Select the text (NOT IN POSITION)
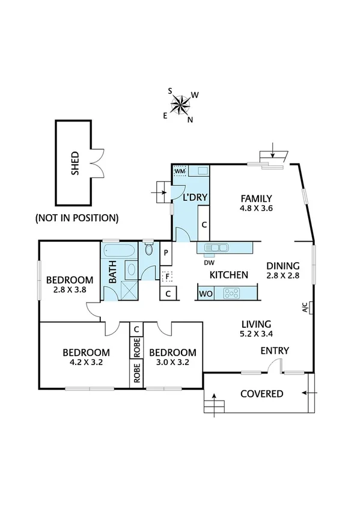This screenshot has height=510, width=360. tap(76, 217)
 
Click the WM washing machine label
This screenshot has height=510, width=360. tap(180, 171)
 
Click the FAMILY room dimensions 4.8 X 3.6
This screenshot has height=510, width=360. tap(257, 209)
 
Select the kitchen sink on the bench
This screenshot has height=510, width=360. tap(216, 247)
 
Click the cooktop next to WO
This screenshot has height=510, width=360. tap(231, 293)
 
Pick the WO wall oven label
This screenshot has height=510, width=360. tap(206, 294)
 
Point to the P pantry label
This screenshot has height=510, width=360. tap(166, 253)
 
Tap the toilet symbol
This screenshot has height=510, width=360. tap(150, 251)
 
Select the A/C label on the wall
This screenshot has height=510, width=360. tap(306, 308)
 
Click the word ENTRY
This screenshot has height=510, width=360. tap(275, 351)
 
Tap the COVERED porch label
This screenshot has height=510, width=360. tap(261, 394)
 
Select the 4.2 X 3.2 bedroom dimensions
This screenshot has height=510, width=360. tap(87, 363)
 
